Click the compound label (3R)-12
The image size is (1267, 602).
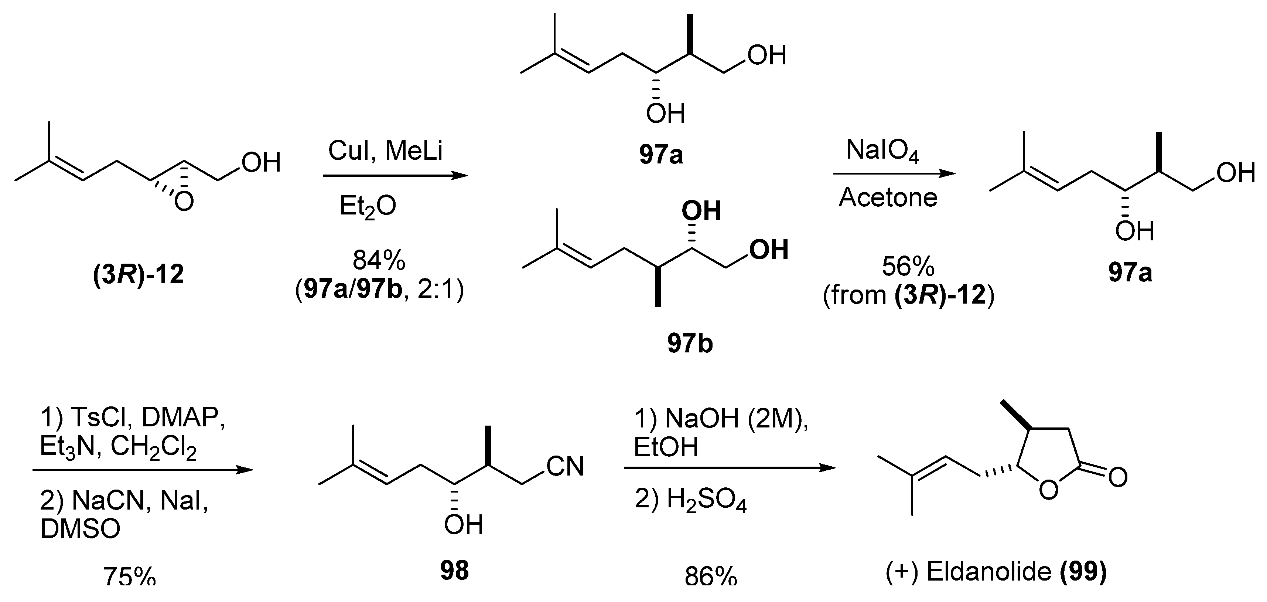click(x=138, y=274)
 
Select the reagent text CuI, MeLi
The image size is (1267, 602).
click(x=385, y=150)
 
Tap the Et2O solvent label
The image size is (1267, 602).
click(x=368, y=207)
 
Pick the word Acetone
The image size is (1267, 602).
click(x=888, y=198)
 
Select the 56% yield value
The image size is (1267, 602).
click(x=908, y=267)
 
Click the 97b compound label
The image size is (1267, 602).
click(x=690, y=343)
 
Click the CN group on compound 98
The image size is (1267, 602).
click(x=565, y=466)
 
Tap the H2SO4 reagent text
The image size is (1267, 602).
click(x=706, y=501)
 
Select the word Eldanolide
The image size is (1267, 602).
click(x=988, y=571)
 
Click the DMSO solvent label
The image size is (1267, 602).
click(x=80, y=529)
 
